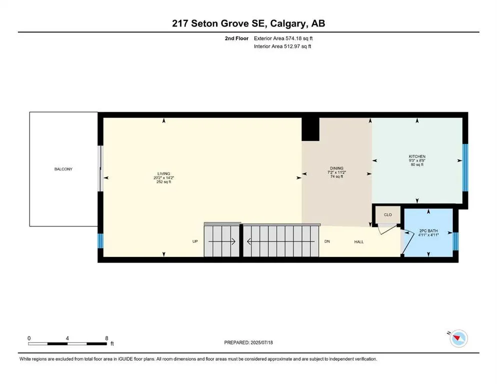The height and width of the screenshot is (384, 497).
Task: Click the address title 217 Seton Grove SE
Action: (248, 23)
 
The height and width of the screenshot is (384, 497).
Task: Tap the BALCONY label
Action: (63, 169)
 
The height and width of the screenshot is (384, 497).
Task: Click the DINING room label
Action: (335, 168)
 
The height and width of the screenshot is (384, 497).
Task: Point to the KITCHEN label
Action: (416, 156)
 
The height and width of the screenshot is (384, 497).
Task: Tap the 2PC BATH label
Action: (428, 231)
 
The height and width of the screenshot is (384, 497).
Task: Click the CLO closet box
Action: (387, 215)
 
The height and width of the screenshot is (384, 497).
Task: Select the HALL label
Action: (359, 242)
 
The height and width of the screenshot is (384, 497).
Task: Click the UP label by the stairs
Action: (196, 242)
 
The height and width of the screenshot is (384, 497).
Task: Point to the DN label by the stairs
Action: (327, 242)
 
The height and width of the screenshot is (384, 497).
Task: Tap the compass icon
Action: (458, 339)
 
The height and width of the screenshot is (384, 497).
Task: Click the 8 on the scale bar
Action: (106, 338)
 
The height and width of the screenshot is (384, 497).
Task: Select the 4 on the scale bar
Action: (67, 338)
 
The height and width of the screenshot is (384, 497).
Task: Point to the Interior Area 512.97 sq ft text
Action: (283, 47)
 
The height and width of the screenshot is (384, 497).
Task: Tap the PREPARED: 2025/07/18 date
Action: (248, 342)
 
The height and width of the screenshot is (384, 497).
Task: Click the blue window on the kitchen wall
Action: (465, 167)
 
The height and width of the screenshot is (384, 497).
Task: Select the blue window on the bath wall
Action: (455, 240)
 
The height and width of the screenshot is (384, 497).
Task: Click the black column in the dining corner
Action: (310, 129)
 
